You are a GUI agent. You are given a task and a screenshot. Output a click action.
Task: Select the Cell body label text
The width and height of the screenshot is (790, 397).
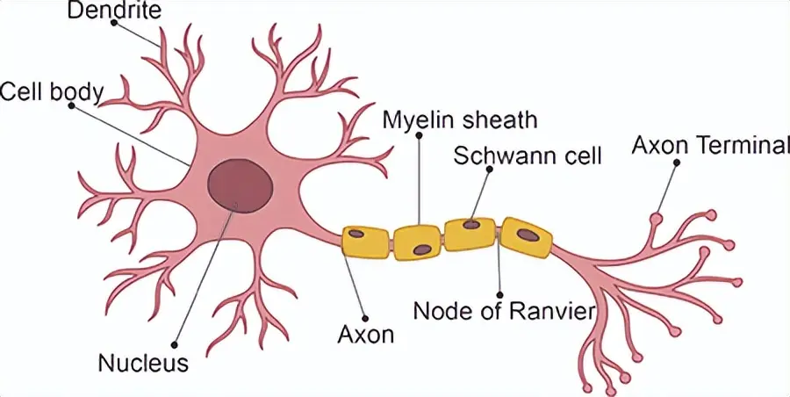pyautogui.click(x=53, y=90)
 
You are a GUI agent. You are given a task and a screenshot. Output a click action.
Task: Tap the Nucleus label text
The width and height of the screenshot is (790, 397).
pyautogui.click(x=143, y=362)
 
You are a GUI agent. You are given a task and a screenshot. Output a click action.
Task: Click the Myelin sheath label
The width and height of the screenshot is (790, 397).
pyautogui.click(x=460, y=119)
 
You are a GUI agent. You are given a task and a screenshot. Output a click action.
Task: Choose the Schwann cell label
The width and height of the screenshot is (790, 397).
pyautogui.click(x=528, y=156)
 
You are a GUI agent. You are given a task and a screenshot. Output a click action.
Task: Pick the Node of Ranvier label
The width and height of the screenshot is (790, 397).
pyautogui.click(x=504, y=311)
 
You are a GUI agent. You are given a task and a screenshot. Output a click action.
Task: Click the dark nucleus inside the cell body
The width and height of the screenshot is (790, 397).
pyautogui.click(x=240, y=187)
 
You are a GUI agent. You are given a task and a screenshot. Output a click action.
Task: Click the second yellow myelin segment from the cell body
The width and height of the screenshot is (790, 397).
pyautogui.click(x=418, y=242)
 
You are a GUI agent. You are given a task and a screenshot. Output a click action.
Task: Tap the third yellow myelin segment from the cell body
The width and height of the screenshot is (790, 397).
pyautogui.click(x=471, y=235)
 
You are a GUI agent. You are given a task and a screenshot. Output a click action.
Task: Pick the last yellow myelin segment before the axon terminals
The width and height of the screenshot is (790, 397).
pyautogui.click(x=527, y=237)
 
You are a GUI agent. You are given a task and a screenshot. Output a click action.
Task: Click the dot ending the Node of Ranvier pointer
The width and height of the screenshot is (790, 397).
pyautogui.click(x=499, y=295)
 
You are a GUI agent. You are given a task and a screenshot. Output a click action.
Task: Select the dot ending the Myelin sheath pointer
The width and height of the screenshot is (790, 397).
pyautogui.click(x=420, y=135)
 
